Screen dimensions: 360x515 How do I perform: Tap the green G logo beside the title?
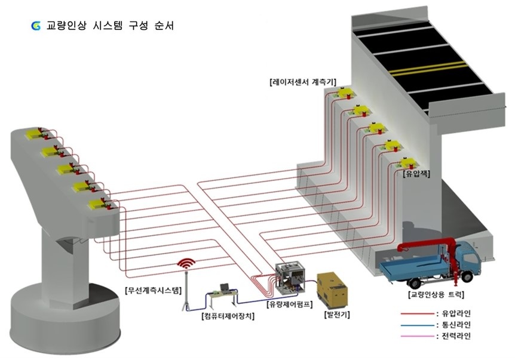(x=36, y=26)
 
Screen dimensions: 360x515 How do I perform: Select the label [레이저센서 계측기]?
(x=303, y=81)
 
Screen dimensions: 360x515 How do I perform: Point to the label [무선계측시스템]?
(x=153, y=291)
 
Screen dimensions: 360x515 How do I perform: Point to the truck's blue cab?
(x=467, y=258)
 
